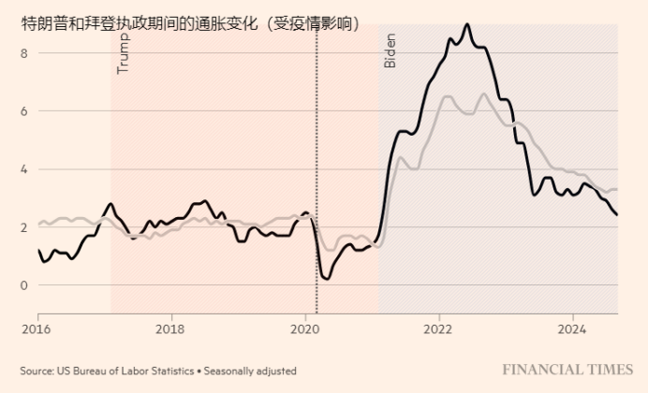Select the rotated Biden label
pos(390,51)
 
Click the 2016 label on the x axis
pos(37,328)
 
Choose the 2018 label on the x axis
pos(169,328)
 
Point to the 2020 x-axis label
pos(305,328)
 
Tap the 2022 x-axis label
pos(438,328)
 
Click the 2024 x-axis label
pos(572,328)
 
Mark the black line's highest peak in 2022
pos(467,25)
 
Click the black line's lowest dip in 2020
pos(325,278)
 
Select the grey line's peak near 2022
pos(483,94)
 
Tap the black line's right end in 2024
pos(616,214)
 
